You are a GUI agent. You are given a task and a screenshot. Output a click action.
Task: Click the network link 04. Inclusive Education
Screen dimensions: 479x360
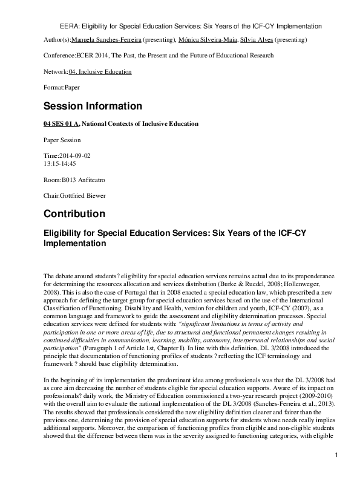(x=100, y=71)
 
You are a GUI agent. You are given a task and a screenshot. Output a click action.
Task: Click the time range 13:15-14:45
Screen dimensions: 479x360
(x=60, y=163)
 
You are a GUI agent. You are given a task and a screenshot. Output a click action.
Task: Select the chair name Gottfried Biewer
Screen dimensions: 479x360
(x=85, y=195)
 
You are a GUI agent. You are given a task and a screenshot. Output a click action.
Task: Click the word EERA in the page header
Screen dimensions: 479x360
(x=72, y=27)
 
